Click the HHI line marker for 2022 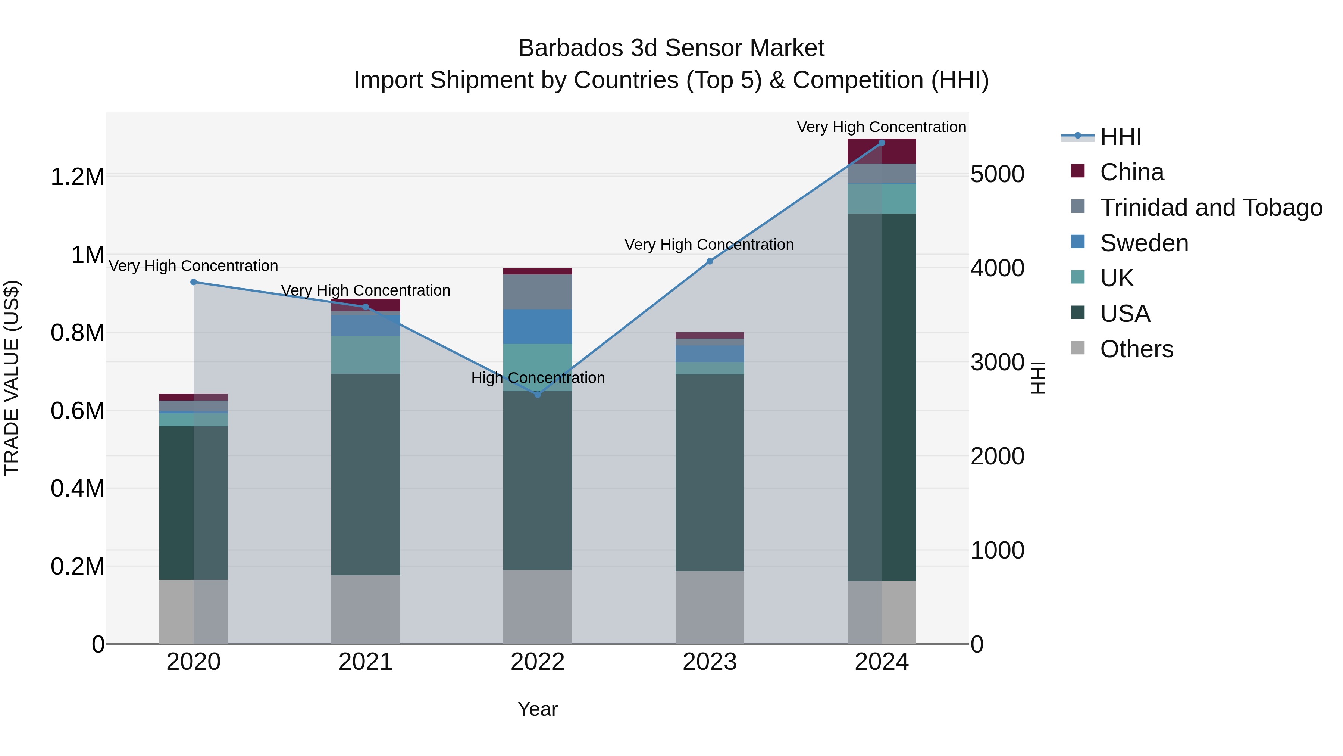coord(538,395)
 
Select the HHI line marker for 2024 coord(882,143)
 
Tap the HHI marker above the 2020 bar coord(193,282)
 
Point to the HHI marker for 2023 coord(710,261)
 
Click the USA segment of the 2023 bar coord(710,472)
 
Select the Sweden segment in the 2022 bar coord(538,327)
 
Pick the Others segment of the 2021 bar coord(366,609)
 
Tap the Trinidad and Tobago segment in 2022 coord(538,292)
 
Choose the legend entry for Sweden coord(1144,243)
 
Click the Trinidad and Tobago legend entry coord(1211,208)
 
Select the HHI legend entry coord(1120,137)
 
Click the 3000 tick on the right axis coord(997,362)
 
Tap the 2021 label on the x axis coord(366,662)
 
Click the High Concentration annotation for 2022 coord(538,378)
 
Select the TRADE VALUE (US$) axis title coord(12,378)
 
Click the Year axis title coord(538,709)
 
